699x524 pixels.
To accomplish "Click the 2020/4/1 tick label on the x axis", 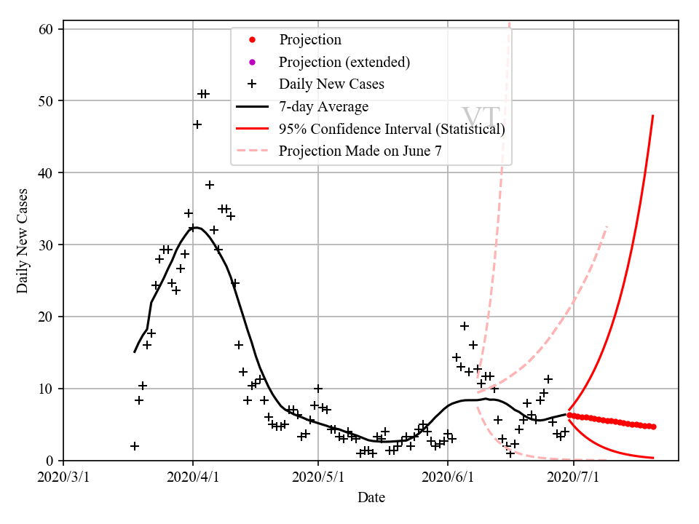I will tap(193, 477).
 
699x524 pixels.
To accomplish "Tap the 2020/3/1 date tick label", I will tap(63, 477).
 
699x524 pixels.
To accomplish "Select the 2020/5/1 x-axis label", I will tap(318, 477).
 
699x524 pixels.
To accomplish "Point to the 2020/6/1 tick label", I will tap(448, 477).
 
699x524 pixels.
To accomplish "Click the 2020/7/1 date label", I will tap(574, 477).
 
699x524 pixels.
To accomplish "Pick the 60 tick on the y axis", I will tap(49, 29).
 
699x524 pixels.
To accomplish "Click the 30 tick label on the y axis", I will tap(49, 245).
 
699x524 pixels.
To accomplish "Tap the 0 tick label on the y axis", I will tap(52, 461).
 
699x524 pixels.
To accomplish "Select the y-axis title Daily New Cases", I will tap(23, 241).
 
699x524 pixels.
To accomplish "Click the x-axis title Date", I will tap(371, 498).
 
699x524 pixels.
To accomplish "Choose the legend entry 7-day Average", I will tap(323, 107).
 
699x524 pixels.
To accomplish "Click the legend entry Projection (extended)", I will tap(344, 62).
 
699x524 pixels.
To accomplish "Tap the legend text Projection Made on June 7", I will tap(360, 151).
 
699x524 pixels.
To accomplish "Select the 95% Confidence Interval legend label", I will tap(392, 130).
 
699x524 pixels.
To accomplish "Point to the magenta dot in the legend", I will tap(252, 62).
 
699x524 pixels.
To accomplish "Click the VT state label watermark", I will tap(481, 118).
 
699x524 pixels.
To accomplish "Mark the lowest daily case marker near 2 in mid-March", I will tap(135, 446).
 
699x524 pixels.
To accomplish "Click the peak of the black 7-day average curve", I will tap(195, 227).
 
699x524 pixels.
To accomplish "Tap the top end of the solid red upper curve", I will tap(652, 116).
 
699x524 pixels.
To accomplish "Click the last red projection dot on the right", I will tap(653, 426).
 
